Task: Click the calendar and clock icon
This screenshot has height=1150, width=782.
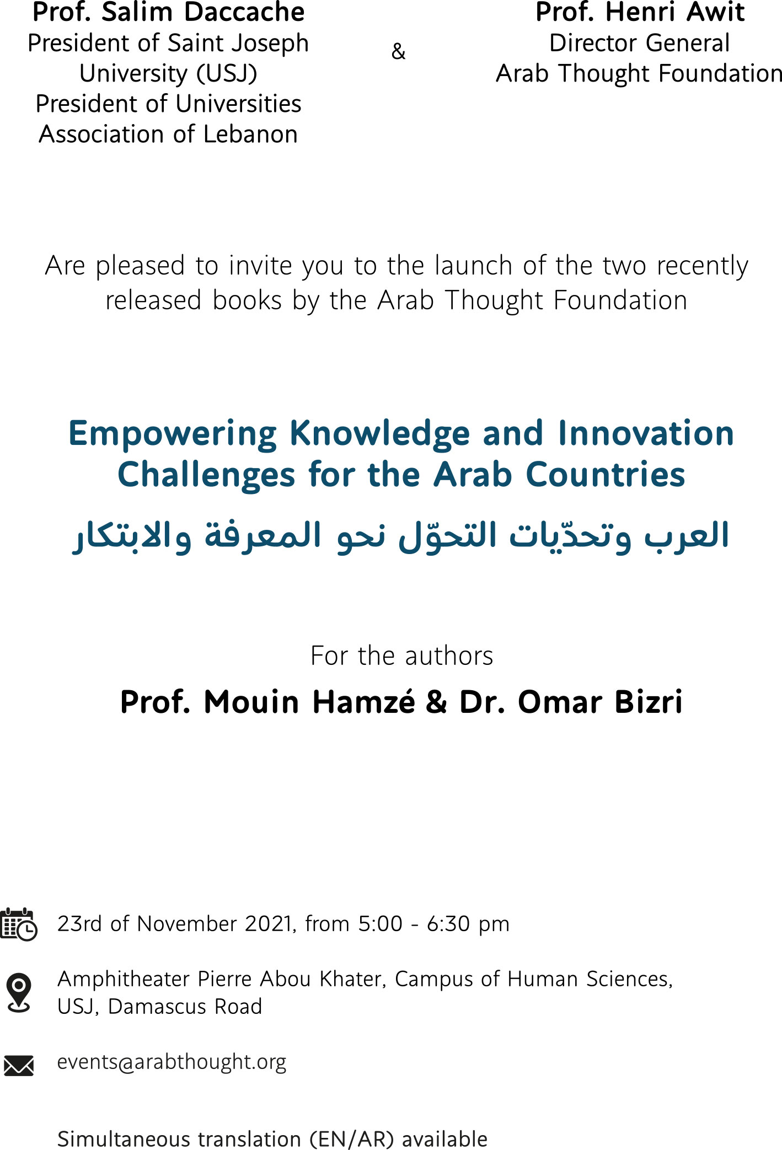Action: [19, 924]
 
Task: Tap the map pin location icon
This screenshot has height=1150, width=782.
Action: [19, 992]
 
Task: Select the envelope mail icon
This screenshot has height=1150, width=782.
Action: [19, 1066]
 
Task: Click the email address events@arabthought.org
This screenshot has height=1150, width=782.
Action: [172, 1062]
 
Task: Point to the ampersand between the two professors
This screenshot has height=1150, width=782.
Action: [398, 51]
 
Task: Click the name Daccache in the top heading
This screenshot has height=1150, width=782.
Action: [244, 12]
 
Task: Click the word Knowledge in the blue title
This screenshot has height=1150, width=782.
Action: [379, 434]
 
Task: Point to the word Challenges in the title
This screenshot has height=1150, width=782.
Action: [207, 476]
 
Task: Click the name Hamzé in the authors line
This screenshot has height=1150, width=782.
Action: [363, 702]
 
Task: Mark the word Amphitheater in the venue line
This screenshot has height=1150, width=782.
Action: [124, 979]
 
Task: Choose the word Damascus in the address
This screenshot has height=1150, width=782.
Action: [158, 1007]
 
